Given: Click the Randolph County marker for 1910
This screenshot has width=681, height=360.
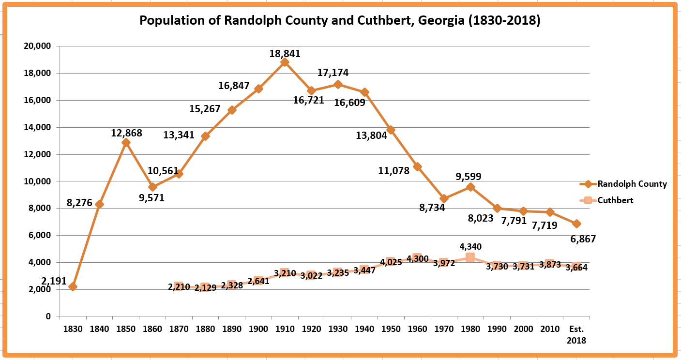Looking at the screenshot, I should pos(285,62).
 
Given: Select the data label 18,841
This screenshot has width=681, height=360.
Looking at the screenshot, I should pos(285,53).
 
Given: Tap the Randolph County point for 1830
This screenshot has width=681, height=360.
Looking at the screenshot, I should pos(73,286).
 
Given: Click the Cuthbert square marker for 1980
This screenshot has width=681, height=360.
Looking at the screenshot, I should pos(470,257).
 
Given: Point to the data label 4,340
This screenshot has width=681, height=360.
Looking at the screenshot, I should pos(470,247).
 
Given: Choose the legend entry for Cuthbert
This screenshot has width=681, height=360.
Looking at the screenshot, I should pos(615,200).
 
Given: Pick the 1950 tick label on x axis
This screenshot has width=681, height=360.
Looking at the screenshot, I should pos(391,329).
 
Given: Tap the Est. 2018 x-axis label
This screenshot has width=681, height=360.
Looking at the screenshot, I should pos(576,334).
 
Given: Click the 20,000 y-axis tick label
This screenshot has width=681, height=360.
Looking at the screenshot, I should pos(38,46).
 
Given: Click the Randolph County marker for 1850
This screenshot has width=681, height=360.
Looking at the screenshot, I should pos(126,142).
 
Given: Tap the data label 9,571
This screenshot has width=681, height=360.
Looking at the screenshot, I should pos(152,197).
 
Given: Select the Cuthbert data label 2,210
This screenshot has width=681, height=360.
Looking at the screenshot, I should pos(179,287).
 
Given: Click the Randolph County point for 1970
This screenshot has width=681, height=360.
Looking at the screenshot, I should pos(444,198).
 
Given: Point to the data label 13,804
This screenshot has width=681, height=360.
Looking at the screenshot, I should pos(371,135).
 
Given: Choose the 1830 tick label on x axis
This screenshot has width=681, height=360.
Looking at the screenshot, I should pos(73,329).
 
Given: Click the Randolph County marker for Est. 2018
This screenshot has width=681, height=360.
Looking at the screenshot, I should pos(576,224).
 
